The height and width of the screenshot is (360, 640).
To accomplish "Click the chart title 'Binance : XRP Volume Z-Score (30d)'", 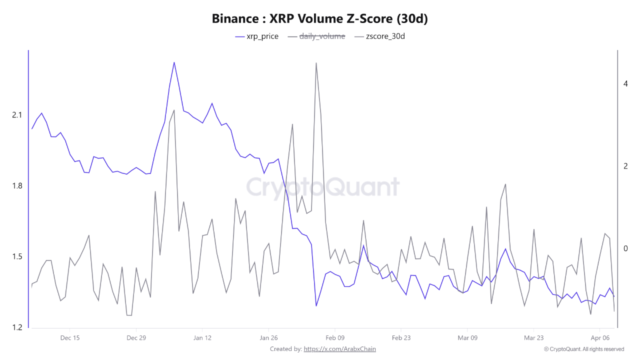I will [x=320, y=19].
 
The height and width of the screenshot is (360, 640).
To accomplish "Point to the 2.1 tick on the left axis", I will [x=17, y=115].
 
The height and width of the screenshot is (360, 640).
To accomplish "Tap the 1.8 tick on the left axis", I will [x=17, y=186].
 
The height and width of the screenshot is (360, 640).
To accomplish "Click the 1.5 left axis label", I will [x=17, y=257].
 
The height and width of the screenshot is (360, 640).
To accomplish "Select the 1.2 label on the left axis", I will [x=17, y=327].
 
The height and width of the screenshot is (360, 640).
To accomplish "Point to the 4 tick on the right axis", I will [x=625, y=84].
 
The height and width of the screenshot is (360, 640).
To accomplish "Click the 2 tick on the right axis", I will [x=625, y=166].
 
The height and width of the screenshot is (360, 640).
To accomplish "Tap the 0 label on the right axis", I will [x=625, y=249].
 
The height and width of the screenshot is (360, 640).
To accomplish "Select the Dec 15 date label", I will [x=69, y=338].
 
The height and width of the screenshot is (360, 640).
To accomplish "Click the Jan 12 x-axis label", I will [x=202, y=338].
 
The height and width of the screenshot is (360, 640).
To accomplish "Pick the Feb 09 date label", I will [x=334, y=338].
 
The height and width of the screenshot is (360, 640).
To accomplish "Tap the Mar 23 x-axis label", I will [x=533, y=338].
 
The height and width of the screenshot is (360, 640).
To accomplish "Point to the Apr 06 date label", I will [x=599, y=338].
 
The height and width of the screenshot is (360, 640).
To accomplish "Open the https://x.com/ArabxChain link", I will [x=339, y=349].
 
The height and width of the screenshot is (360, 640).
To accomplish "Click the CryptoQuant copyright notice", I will [x=583, y=349].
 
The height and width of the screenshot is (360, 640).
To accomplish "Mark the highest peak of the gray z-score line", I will [x=316, y=63].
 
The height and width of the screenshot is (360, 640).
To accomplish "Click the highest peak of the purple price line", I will [x=174, y=62].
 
